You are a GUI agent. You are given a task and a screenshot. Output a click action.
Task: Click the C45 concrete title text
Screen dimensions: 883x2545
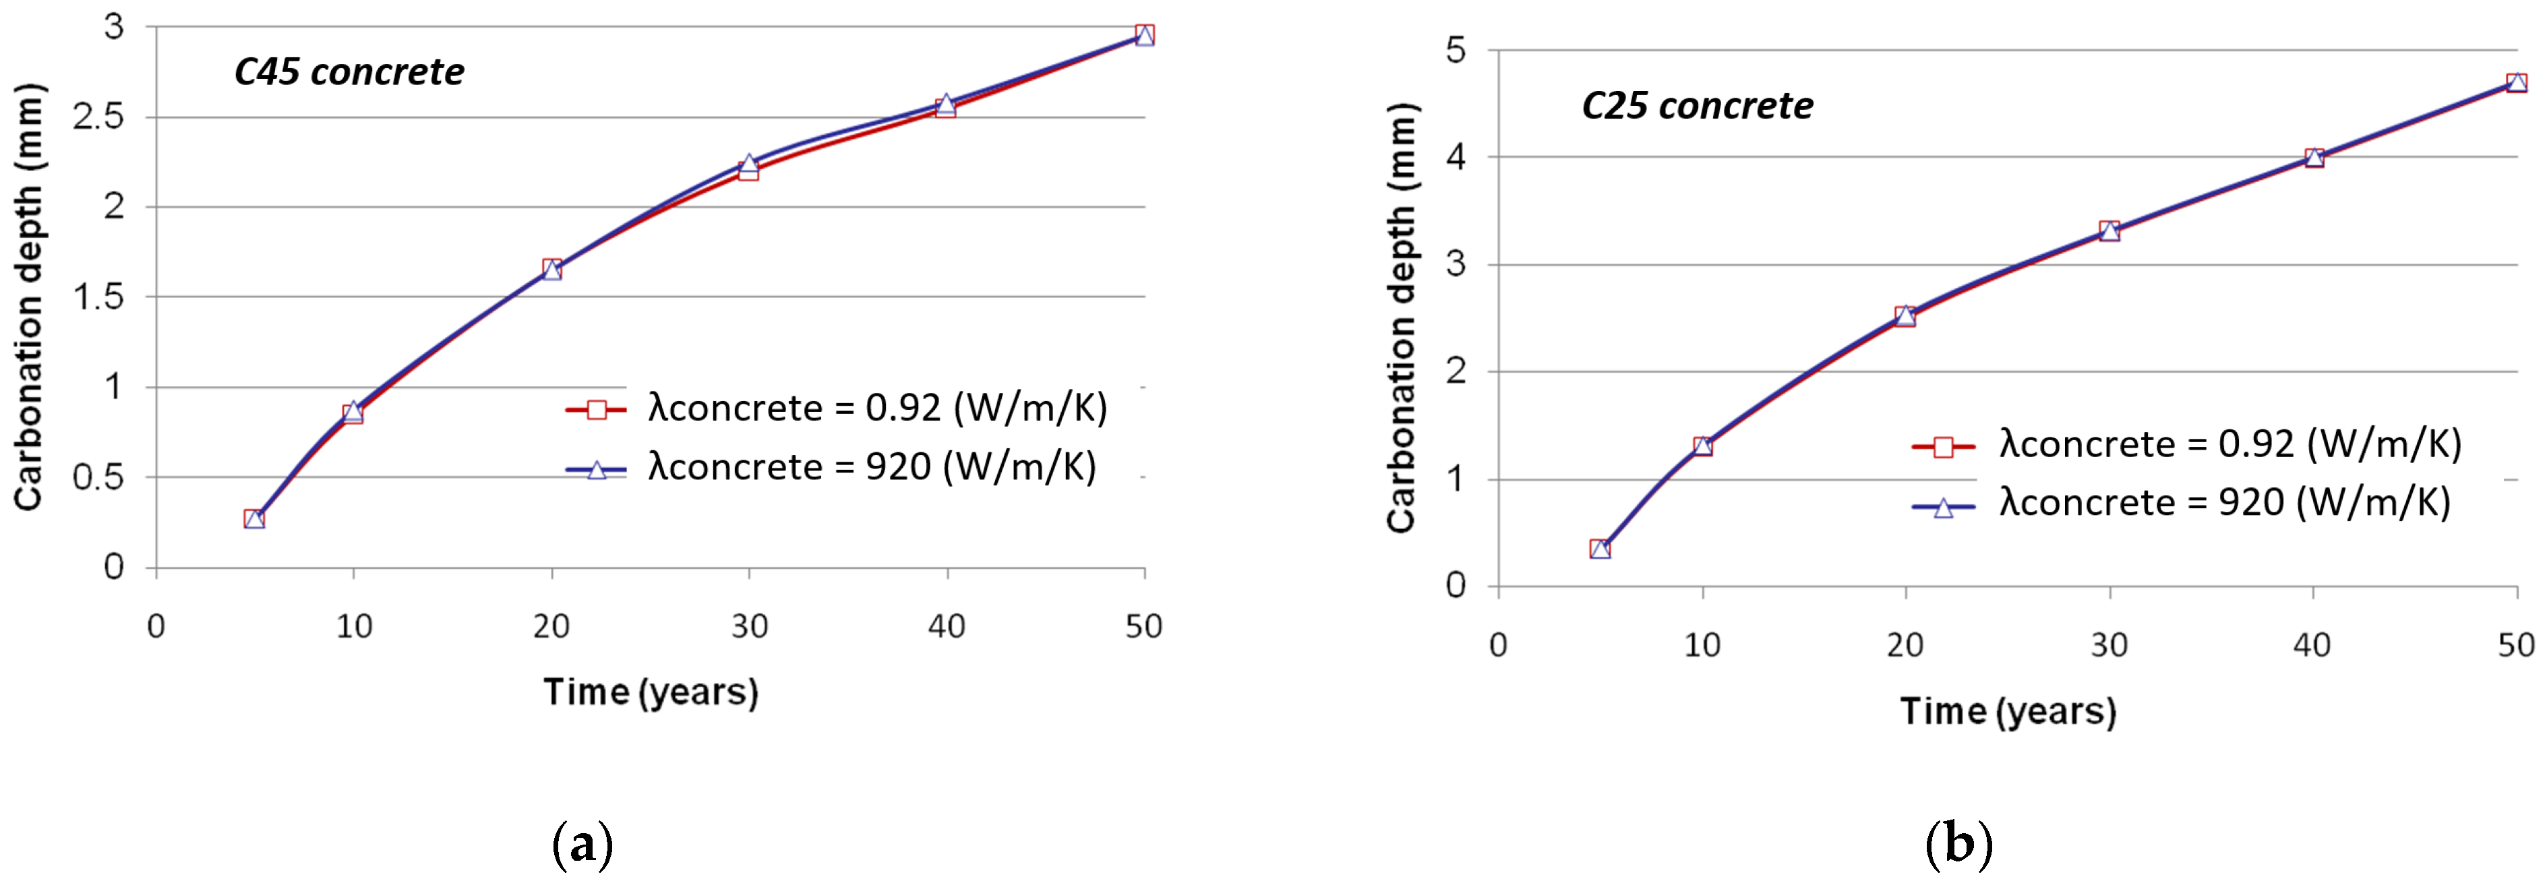coord(349,72)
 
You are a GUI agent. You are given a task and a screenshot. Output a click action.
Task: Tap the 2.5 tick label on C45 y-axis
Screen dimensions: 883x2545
coord(99,117)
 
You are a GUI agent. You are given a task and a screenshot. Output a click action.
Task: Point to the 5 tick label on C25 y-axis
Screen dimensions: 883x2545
coord(1456,49)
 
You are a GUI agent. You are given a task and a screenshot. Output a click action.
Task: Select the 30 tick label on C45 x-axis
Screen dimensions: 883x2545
coord(749,626)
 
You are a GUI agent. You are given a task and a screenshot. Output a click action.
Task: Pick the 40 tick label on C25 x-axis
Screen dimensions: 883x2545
coord(2312,645)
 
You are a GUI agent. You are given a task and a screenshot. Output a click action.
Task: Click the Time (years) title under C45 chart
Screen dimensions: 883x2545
coord(650,692)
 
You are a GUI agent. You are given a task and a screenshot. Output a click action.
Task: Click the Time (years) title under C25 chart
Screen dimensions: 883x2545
coord(2008,711)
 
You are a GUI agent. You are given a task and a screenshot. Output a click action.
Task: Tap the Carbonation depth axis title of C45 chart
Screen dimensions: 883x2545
coord(30,297)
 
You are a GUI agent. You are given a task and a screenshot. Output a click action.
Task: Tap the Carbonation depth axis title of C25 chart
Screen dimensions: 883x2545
coord(1401,316)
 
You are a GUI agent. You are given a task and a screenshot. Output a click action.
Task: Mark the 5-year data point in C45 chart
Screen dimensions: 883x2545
coord(254,518)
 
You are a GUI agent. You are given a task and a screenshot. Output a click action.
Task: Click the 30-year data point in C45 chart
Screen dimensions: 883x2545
coord(749,167)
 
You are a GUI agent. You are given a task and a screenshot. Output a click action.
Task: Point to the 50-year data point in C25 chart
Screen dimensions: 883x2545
coord(2515,83)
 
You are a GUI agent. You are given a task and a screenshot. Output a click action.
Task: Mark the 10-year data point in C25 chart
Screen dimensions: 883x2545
coord(1702,446)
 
